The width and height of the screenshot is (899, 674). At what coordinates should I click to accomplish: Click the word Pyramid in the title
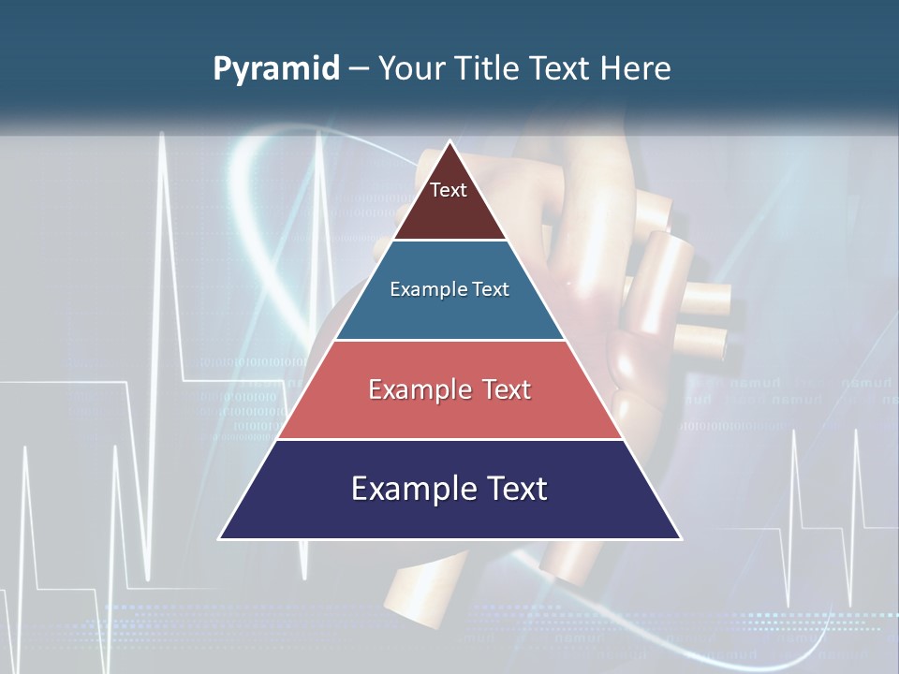click(276, 69)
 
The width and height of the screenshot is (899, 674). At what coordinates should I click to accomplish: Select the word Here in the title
click(636, 68)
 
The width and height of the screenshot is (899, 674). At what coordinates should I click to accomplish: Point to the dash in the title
click(358, 69)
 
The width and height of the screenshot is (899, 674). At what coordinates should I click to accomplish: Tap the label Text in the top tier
click(449, 190)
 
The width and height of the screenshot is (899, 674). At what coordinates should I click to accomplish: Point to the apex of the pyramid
click(449, 143)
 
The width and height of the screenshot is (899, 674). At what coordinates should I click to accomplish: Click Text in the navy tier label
click(516, 489)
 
